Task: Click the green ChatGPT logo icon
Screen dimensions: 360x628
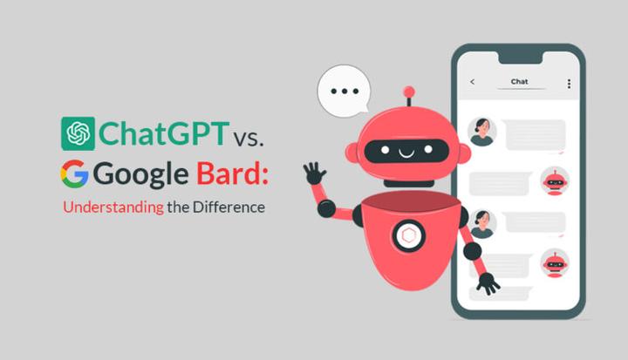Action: point(78,133)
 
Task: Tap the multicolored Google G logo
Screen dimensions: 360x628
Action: point(75,174)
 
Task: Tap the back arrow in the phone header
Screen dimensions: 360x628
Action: point(473,82)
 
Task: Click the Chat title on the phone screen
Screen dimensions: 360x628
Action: point(519,82)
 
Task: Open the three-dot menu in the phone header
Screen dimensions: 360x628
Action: point(569,83)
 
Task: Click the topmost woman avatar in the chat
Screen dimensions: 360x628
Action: point(481,131)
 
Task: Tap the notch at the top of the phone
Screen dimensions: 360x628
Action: point(520,56)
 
